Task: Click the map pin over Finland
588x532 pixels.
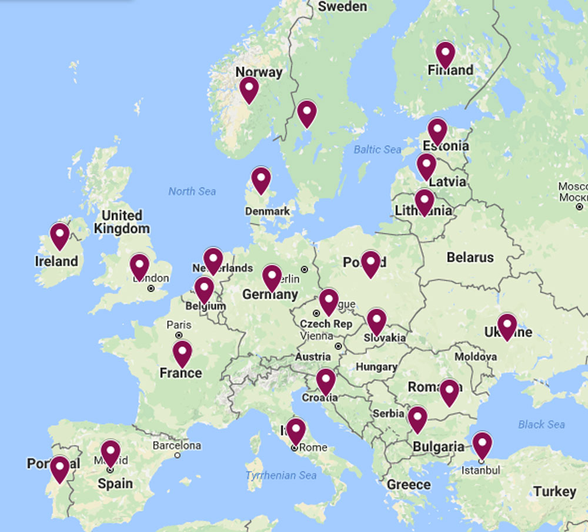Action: tap(445, 55)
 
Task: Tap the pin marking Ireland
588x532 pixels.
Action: tap(59, 235)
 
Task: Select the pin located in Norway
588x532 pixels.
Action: tap(249, 89)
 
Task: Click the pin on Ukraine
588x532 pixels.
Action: tap(507, 326)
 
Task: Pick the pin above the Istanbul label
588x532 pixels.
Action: tap(482, 444)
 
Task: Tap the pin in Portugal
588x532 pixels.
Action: tap(59, 469)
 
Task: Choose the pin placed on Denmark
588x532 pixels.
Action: tap(260, 179)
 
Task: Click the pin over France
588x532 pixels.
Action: tap(182, 353)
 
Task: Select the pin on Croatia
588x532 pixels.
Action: tap(326, 381)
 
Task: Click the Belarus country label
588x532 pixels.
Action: tap(470, 257)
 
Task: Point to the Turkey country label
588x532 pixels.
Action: tap(554, 491)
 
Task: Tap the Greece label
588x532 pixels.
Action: tap(409, 484)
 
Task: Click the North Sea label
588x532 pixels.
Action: tap(192, 191)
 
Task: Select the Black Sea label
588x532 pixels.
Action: tap(541, 424)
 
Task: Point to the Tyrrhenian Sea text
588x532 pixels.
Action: tap(281, 475)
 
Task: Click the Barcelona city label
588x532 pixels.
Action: tap(176, 446)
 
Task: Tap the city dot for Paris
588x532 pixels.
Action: tap(179, 336)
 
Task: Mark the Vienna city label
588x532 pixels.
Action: tap(316, 336)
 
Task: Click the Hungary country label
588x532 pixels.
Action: tap(376, 367)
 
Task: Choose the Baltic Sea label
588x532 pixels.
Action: tap(377, 149)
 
